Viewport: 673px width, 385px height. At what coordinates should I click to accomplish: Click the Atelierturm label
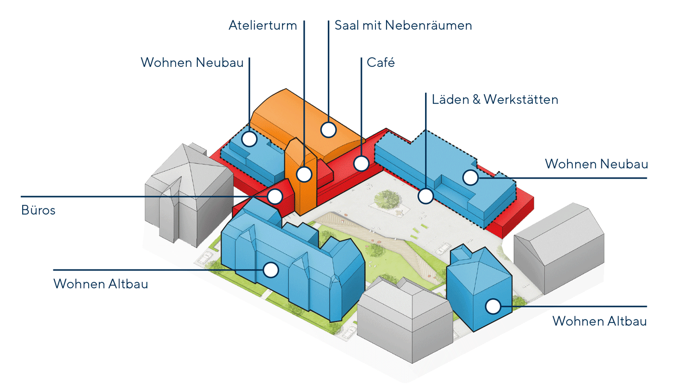(262, 25)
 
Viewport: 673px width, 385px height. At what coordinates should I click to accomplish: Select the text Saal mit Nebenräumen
(403, 25)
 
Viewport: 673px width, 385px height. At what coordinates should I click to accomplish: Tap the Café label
(380, 62)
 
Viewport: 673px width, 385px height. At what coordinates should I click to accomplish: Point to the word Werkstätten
(521, 100)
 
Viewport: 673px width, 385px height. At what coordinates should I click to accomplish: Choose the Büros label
(38, 210)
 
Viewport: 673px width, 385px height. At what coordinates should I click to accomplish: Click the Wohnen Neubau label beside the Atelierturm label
(192, 63)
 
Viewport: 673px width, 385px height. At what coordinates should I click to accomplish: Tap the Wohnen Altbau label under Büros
(101, 284)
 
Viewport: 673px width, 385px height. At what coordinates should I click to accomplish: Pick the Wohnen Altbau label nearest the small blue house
(599, 321)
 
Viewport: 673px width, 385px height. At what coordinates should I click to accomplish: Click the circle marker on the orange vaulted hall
(328, 129)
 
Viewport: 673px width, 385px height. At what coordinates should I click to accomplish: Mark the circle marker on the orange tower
(304, 174)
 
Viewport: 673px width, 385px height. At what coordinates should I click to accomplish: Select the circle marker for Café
(361, 163)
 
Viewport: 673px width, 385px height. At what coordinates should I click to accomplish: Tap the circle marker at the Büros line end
(275, 196)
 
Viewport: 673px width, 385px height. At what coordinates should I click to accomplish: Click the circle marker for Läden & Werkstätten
(426, 195)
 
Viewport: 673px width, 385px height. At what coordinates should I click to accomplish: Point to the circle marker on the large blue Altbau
(271, 269)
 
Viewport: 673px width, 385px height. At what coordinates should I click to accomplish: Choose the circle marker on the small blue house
(492, 306)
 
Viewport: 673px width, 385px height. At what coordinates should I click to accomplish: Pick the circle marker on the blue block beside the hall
(249, 139)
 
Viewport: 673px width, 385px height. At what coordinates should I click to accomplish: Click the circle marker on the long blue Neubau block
(470, 178)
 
